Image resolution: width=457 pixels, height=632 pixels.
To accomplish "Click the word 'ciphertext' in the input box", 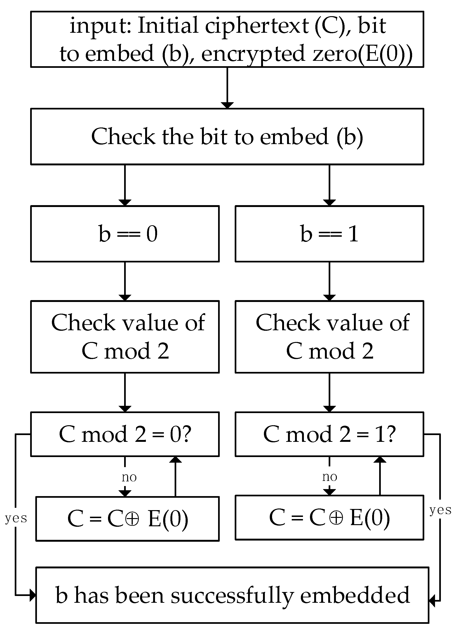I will point(257,26).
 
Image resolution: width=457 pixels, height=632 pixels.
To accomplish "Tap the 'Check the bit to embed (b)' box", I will point(227,137).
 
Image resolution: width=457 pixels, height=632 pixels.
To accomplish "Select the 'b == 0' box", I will point(125,233).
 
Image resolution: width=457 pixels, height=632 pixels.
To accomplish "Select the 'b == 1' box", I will point(329,233).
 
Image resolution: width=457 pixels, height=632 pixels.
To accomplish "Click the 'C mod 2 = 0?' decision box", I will point(125,434).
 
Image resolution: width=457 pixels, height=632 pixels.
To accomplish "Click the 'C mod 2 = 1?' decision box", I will point(329,434).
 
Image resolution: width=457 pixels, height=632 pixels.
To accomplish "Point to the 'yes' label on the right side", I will point(440,510).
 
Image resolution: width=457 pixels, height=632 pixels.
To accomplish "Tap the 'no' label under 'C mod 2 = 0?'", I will point(129,477).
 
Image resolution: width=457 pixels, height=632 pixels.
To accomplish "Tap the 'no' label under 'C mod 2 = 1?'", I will point(329,476).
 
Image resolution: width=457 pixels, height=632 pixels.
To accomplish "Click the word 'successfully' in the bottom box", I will point(232,595).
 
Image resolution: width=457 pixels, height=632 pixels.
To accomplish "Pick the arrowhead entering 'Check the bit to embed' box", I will point(227,105).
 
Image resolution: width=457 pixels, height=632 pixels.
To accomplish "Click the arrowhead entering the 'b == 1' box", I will point(329,202).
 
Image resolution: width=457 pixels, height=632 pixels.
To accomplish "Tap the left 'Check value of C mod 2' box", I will point(125,337).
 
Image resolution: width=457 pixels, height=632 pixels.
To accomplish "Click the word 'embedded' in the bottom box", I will point(355,595).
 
